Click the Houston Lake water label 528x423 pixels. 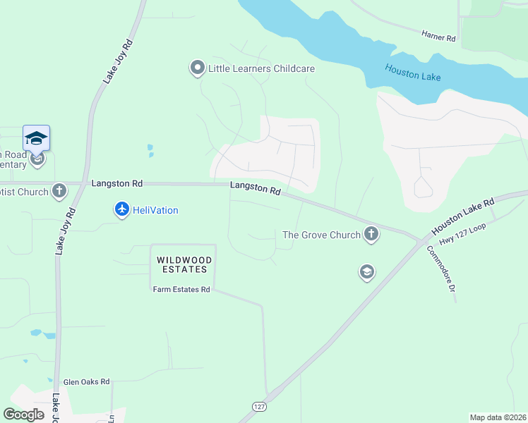click(413, 72)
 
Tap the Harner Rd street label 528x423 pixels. click(438, 34)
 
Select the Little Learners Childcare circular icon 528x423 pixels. click(197, 68)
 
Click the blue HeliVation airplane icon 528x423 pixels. click(122, 209)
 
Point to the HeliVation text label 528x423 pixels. click(155, 210)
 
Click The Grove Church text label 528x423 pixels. click(321, 235)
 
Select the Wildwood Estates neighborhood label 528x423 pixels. click(182, 264)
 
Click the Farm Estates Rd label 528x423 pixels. click(181, 289)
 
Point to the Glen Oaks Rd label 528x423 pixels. click(86, 381)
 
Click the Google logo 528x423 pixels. click(23, 415)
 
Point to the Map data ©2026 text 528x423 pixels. click(498, 417)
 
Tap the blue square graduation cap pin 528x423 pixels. click(36, 138)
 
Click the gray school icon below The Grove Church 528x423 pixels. click(366, 272)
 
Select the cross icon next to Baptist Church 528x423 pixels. click(59, 191)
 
